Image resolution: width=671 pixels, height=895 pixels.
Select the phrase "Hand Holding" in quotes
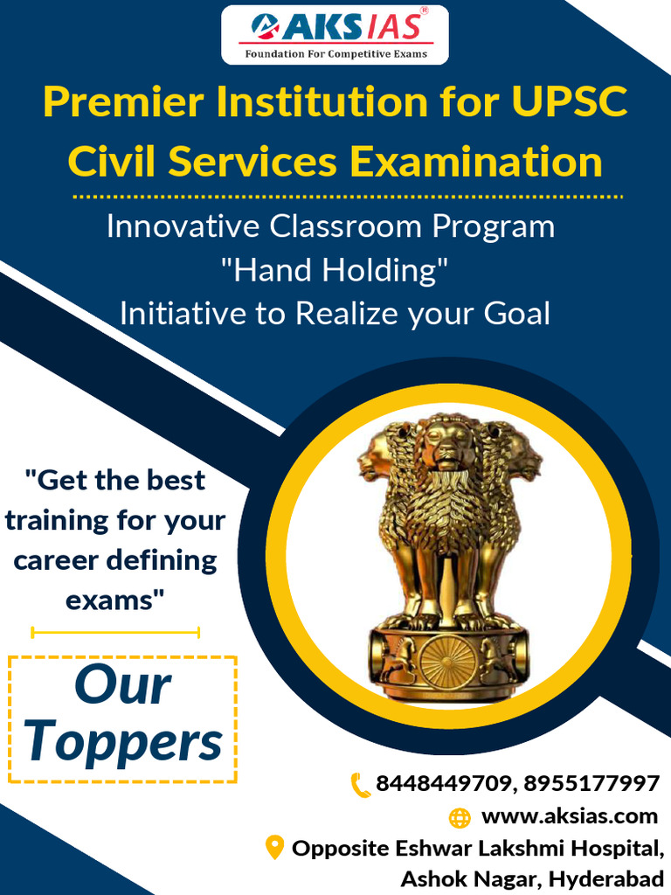coord(335,270)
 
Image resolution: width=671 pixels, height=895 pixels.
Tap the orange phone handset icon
coord(360,784)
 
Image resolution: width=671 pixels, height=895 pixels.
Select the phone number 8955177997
coord(593,784)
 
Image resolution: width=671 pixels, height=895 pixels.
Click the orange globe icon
coord(460,818)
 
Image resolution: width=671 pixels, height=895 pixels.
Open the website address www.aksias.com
coord(570,816)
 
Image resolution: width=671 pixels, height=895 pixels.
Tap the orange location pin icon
coord(274,847)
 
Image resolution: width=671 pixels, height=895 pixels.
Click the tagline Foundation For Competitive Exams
coord(335,54)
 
